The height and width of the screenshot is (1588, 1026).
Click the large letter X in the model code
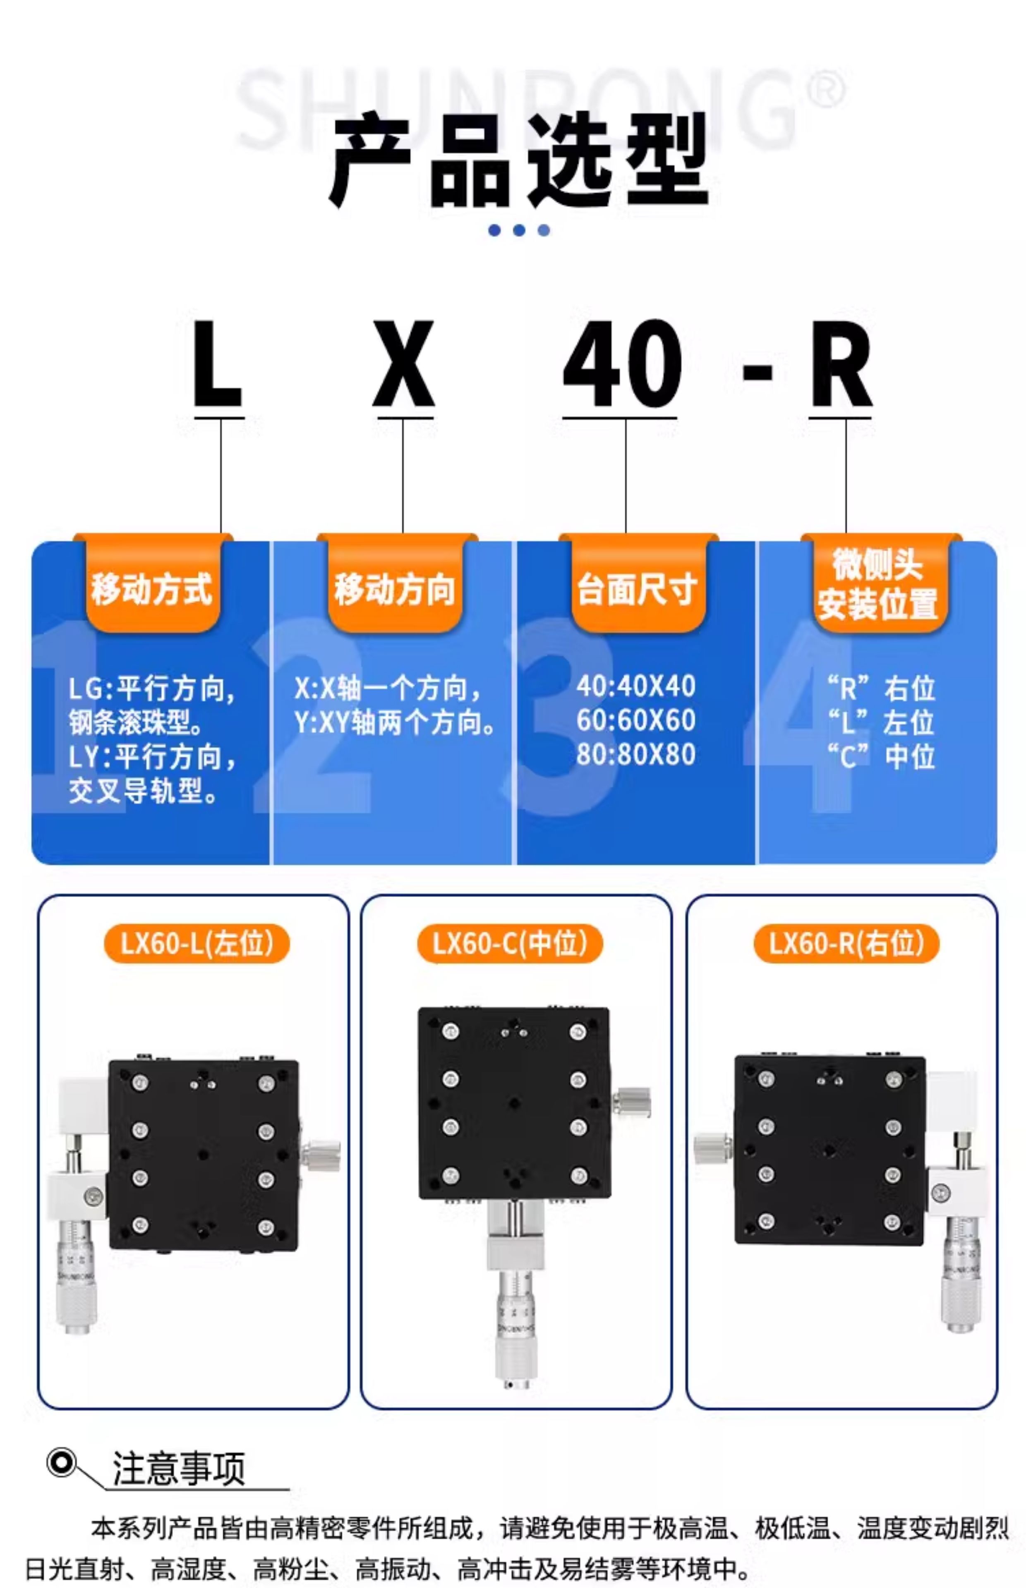[x=403, y=364]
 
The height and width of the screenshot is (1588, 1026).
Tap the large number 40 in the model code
[x=622, y=364]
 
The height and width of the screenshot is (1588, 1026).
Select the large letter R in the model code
[x=841, y=364]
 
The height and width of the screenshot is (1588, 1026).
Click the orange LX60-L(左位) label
[x=197, y=943]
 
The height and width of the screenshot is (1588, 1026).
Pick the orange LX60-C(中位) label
[x=510, y=943]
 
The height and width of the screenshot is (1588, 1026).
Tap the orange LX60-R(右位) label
[x=846, y=943]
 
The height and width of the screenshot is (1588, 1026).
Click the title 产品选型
[x=520, y=161]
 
